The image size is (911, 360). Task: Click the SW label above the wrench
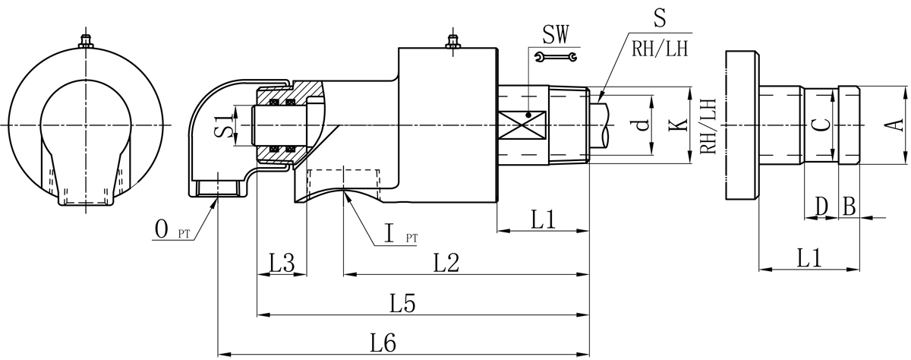pyautogui.click(x=556, y=34)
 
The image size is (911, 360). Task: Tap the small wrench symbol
pyautogui.click(x=556, y=56)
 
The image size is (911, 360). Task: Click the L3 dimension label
pyautogui.click(x=282, y=263)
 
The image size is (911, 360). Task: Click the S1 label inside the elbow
pyautogui.click(x=221, y=125)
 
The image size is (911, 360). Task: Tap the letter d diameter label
pyautogui.click(x=643, y=125)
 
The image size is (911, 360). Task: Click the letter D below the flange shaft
pyautogui.click(x=821, y=206)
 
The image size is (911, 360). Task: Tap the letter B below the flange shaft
pyautogui.click(x=850, y=206)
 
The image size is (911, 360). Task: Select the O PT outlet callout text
pyautogui.click(x=172, y=229)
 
